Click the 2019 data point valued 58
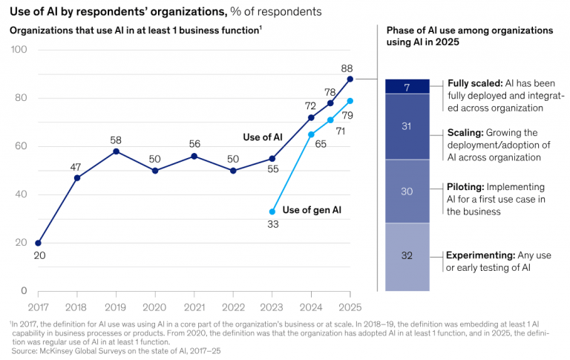pos(115,151)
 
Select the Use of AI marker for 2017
pos(38,243)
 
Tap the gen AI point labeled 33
pos(272,212)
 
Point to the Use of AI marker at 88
pos(350,79)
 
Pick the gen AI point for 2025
pos(350,101)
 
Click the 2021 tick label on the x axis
pos(194,305)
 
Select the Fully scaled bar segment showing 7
pos(407,86)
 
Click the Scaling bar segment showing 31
pos(407,126)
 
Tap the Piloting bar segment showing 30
pos(407,191)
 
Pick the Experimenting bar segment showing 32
pos(407,256)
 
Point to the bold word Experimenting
pos(482,255)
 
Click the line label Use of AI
pos(263,137)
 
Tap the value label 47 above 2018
pos(76,166)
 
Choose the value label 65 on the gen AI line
pos(321,144)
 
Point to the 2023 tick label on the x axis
pos(272,305)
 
